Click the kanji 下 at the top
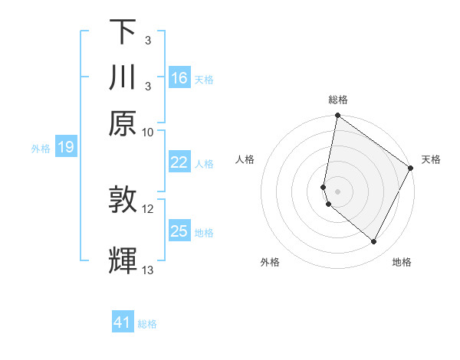(x=123, y=32)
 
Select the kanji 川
(x=123, y=78)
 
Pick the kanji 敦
(x=123, y=201)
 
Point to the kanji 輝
(x=123, y=260)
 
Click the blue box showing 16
(x=179, y=78)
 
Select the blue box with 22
(x=179, y=162)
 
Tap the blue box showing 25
(x=179, y=231)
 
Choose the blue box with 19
(x=66, y=147)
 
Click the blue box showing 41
(x=123, y=322)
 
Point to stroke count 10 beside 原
(x=148, y=132)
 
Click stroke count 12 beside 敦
(x=148, y=208)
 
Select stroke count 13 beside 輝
(x=148, y=269)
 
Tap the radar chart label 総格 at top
(x=337, y=100)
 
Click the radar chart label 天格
(x=431, y=159)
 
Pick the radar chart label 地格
(x=402, y=263)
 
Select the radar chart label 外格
(x=270, y=263)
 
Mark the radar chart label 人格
(x=245, y=159)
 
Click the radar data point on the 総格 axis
(x=337, y=116)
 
